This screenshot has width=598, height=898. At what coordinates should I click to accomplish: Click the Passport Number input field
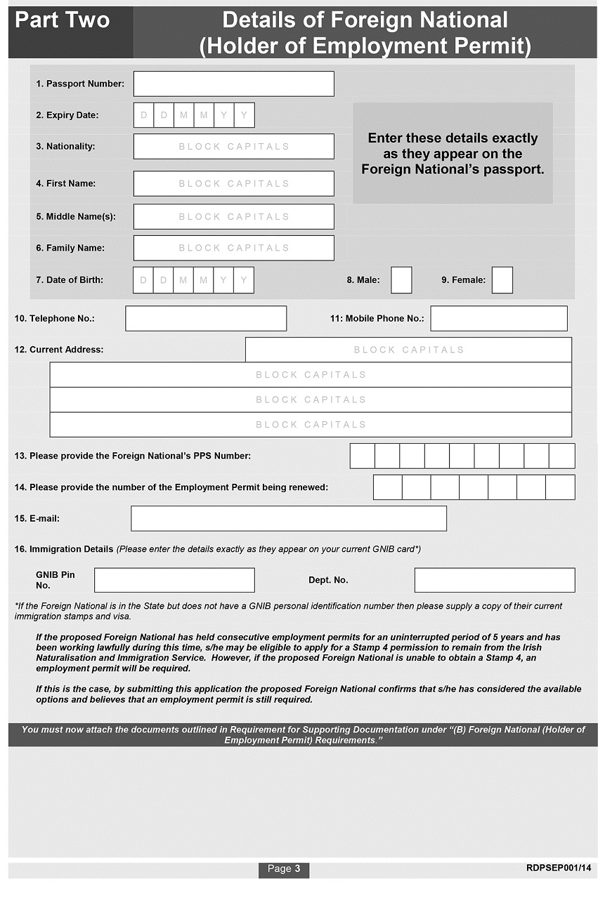coord(233,84)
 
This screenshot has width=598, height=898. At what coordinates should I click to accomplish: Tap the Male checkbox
coord(401,280)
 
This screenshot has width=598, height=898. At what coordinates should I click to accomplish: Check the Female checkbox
coord(502,280)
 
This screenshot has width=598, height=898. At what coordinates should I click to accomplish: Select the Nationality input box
coord(233,147)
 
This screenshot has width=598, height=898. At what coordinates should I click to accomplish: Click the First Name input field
coord(233,183)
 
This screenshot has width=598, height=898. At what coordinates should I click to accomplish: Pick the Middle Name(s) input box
coord(233,216)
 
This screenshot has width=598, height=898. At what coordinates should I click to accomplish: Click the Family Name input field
coord(233,248)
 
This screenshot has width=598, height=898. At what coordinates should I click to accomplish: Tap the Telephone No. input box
coord(206,318)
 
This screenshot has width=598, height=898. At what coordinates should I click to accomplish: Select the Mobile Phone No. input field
coord(498,318)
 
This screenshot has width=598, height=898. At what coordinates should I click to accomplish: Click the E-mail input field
coord(288,518)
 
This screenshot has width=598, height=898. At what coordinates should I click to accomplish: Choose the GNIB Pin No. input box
coord(174,580)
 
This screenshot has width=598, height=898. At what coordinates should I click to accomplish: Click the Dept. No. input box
coord(494,580)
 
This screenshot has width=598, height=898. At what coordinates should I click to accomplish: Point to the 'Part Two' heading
coord(63,20)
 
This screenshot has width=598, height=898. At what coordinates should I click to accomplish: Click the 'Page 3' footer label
coord(284,869)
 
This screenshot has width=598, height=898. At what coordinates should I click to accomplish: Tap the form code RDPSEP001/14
coord(558,869)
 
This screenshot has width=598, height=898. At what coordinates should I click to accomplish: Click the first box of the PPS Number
coord(362,456)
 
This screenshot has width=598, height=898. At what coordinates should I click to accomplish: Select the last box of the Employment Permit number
coord(560,487)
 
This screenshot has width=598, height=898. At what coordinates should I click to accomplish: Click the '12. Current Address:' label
coord(59,350)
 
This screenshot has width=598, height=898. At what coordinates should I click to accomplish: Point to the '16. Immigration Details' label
coord(64,549)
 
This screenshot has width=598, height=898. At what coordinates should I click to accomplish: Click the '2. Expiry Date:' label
coord(67,115)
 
